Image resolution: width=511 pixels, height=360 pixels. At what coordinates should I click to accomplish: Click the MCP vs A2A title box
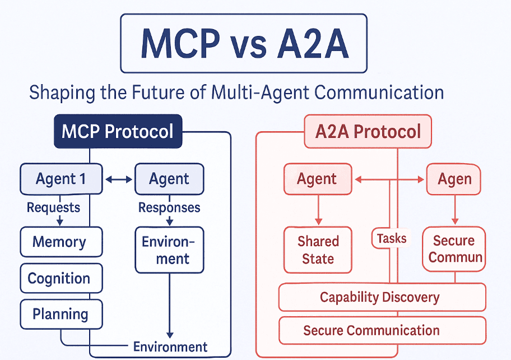pos(244,44)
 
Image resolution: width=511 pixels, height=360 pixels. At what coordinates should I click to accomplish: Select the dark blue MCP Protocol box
pos(118,132)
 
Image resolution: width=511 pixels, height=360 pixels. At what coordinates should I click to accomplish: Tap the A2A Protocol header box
pos(368,132)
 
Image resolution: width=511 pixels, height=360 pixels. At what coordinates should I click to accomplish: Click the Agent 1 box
pos(61,179)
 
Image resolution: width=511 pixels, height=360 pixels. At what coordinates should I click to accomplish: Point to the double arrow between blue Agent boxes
pos(118,179)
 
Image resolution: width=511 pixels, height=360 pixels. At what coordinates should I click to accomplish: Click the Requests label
pos(53,207)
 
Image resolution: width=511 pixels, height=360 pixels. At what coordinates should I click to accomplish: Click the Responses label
pos(169,207)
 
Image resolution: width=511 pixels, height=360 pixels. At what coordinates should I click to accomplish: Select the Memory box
pos(61,242)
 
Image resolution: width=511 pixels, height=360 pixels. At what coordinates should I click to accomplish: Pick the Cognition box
pos(61,278)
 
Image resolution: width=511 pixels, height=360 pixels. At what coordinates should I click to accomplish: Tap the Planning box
pos(61,313)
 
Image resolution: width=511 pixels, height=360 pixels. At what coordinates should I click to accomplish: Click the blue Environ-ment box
pos(169,250)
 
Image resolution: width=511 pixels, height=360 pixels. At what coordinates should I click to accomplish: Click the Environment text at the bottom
pos(170,347)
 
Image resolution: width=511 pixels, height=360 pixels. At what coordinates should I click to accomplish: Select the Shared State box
pos(318,250)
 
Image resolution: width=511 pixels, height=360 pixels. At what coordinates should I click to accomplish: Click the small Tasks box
pos(391,238)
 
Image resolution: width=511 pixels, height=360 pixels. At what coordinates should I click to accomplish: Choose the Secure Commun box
pos(454,249)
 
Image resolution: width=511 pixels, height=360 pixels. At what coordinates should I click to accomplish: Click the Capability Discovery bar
pos(382,297)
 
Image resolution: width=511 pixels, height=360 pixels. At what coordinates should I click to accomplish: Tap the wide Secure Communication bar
pos(382,330)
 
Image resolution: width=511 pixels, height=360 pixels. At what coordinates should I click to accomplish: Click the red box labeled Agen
pos(454,179)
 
